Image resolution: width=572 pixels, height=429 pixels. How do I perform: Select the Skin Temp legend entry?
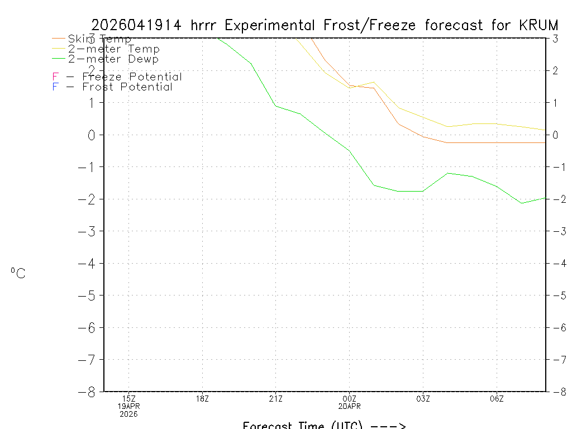(x=99, y=39)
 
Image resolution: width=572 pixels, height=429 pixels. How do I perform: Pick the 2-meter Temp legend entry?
(x=113, y=49)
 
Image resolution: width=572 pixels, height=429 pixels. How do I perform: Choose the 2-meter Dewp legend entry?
(x=113, y=59)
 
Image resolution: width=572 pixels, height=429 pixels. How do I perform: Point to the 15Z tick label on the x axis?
(x=128, y=398)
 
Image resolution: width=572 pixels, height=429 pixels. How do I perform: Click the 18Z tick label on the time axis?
(x=202, y=398)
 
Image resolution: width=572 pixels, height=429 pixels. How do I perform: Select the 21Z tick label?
(x=275, y=398)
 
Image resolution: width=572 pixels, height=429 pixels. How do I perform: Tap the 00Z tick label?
(x=349, y=398)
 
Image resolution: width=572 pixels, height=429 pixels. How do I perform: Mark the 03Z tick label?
(x=423, y=398)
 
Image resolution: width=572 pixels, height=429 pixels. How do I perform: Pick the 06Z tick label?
(x=497, y=398)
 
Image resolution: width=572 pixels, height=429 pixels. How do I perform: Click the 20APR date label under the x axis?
(x=349, y=406)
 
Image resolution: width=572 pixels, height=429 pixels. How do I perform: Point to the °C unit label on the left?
(x=18, y=273)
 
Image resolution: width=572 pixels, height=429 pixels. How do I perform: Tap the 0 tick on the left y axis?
(x=93, y=135)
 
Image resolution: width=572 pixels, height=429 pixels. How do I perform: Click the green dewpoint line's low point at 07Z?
(x=521, y=203)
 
